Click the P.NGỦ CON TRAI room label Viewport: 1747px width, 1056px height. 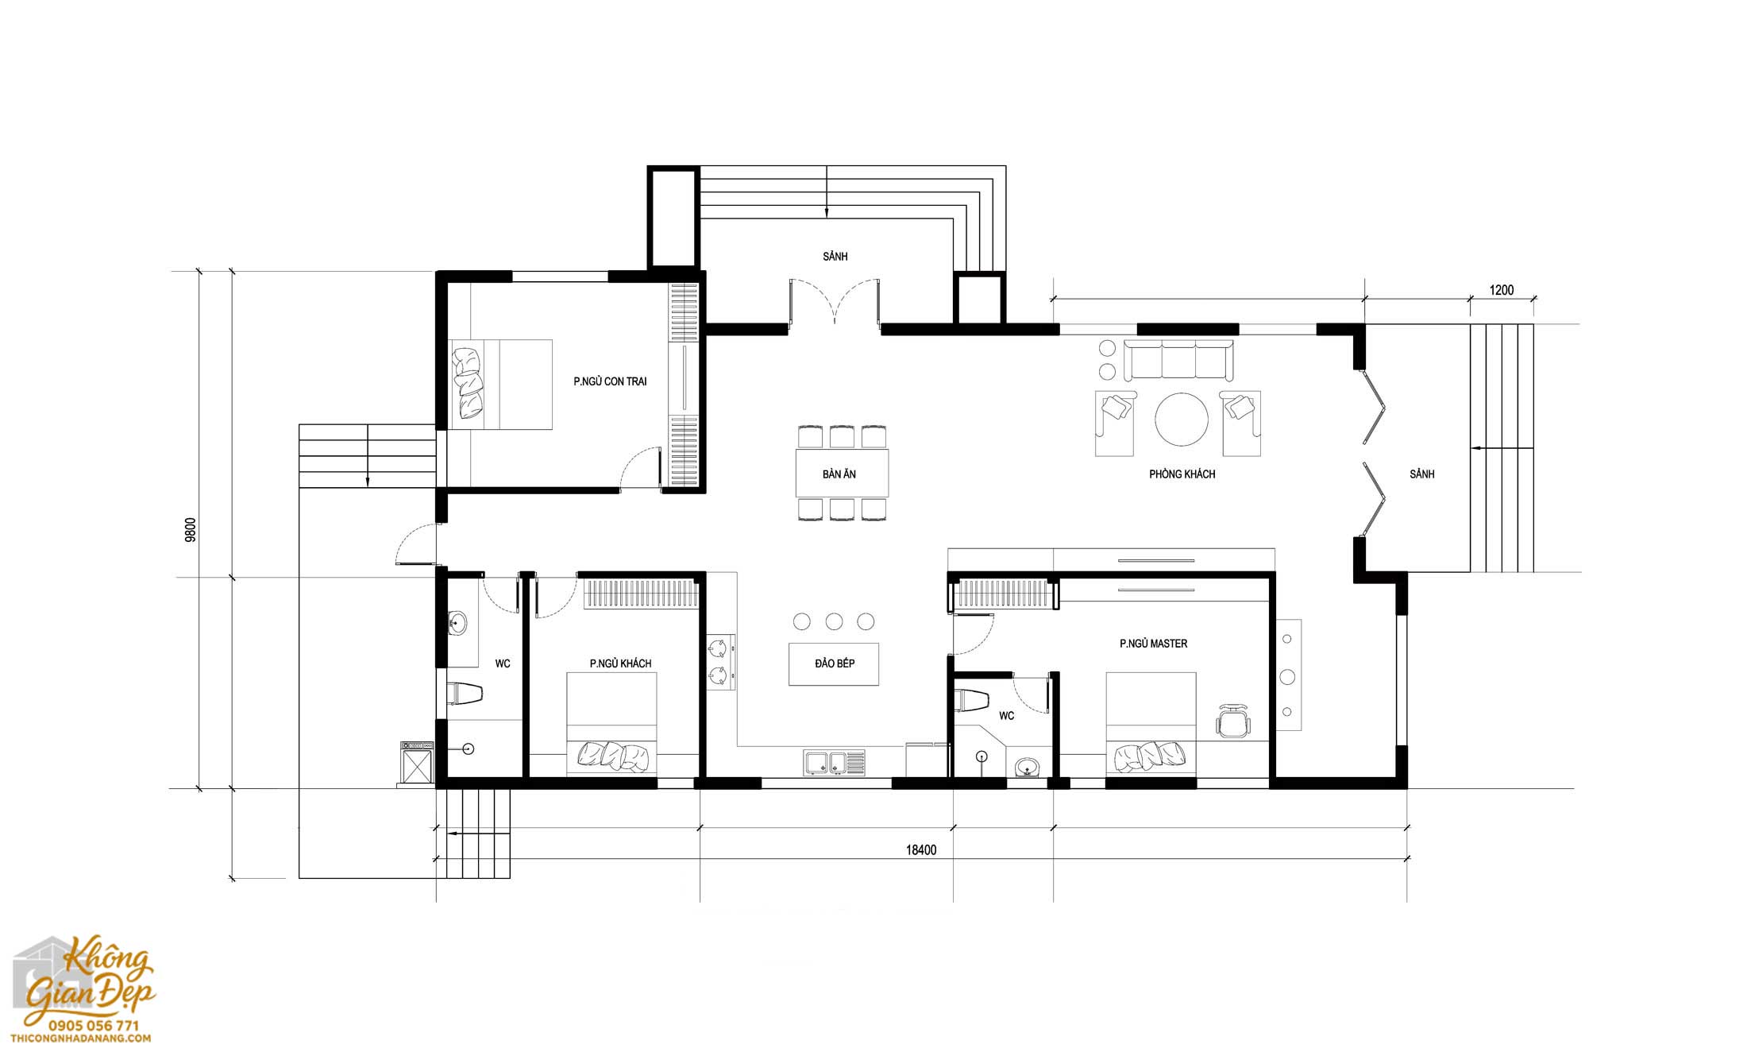[610, 381]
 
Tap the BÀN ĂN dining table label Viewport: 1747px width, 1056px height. [839, 474]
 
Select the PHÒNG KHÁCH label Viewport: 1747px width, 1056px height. [1182, 474]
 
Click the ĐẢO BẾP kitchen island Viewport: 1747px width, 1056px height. [834, 663]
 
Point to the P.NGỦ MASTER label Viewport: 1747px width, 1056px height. [1153, 644]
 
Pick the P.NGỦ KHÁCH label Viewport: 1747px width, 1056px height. [620, 663]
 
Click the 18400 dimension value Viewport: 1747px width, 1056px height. [921, 850]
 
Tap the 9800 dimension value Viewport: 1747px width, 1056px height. [190, 529]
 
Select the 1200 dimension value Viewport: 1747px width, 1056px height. [1501, 290]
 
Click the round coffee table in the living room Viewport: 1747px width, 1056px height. [1182, 419]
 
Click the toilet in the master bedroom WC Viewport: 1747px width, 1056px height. [973, 701]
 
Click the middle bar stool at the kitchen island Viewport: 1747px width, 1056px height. [834, 621]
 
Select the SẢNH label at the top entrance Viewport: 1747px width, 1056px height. [835, 257]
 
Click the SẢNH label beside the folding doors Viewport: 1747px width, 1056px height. [1422, 474]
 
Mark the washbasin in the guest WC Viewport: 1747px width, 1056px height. [457, 623]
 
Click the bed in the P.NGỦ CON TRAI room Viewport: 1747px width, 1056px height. [500, 385]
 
